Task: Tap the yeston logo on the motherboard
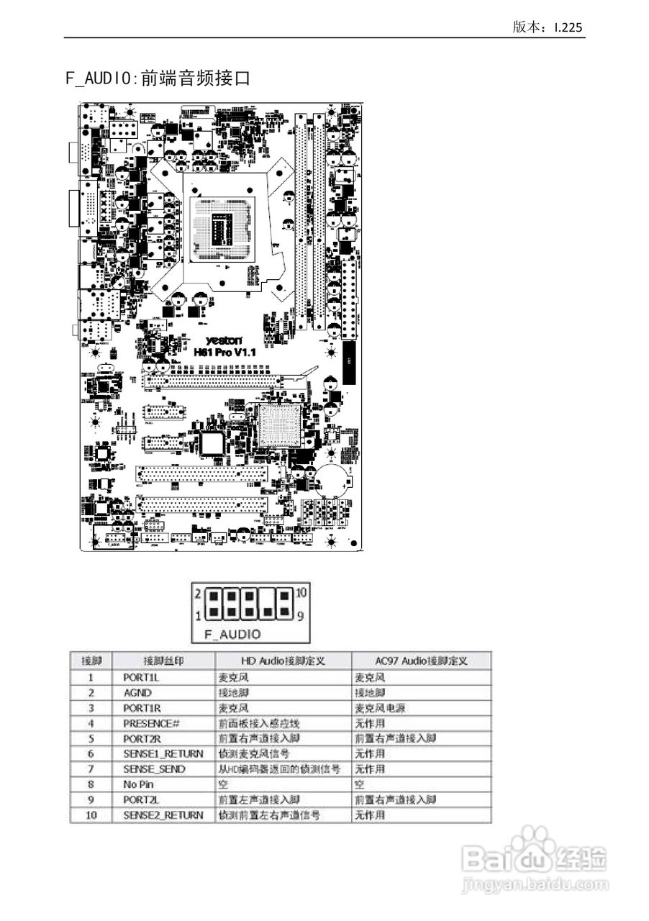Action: click(x=222, y=340)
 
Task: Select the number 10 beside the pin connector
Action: click(x=302, y=592)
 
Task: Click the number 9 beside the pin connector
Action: click(x=300, y=616)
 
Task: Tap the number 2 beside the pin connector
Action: click(x=198, y=594)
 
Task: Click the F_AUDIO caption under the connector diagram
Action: click(x=232, y=634)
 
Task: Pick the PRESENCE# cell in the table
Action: click(x=150, y=723)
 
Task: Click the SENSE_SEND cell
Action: click(x=154, y=769)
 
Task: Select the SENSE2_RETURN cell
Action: click(x=163, y=815)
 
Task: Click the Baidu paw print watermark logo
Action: click(x=530, y=848)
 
